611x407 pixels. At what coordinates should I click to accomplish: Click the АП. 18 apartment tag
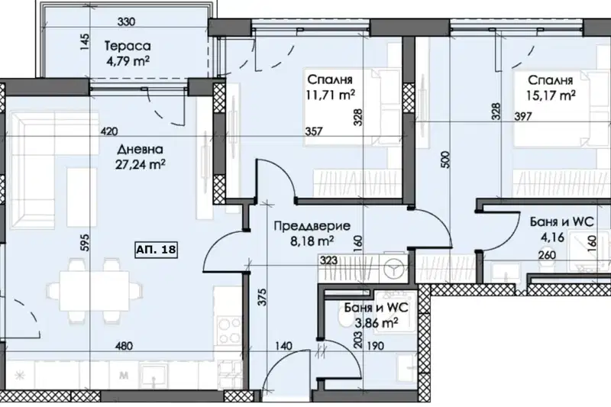pyautogui.click(x=157, y=250)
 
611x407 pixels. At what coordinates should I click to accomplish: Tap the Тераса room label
pyautogui.click(x=128, y=46)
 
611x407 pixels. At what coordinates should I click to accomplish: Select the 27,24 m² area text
pyautogui.click(x=141, y=164)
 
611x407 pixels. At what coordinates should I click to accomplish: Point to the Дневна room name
pyautogui.click(x=140, y=149)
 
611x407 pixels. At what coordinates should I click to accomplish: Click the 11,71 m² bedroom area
pyautogui.click(x=330, y=95)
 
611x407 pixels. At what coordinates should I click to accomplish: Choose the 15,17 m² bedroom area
pyautogui.click(x=551, y=95)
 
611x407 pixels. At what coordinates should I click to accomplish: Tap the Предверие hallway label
pyautogui.click(x=312, y=226)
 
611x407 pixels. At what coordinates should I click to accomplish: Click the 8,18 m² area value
pyautogui.click(x=312, y=241)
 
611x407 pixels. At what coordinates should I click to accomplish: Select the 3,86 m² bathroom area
pyautogui.click(x=377, y=323)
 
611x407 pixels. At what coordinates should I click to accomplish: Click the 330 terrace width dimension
pyautogui.click(x=126, y=22)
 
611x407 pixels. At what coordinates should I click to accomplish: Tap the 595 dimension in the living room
pyautogui.click(x=85, y=242)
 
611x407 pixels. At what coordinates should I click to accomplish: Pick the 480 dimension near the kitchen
pyautogui.click(x=124, y=345)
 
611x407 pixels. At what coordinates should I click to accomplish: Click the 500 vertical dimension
pyautogui.click(x=446, y=160)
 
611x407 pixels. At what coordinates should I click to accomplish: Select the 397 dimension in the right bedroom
pyautogui.click(x=523, y=116)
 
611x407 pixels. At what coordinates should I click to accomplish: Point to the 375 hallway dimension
pyautogui.click(x=262, y=297)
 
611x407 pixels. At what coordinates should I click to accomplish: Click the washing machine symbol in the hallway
pyautogui.click(x=393, y=268)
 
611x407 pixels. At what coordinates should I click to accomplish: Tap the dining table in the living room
pyautogui.click(x=94, y=290)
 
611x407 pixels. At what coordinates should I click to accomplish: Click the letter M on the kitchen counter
pyautogui.click(x=124, y=376)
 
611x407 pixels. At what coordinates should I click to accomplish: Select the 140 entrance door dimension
pyautogui.click(x=283, y=345)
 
